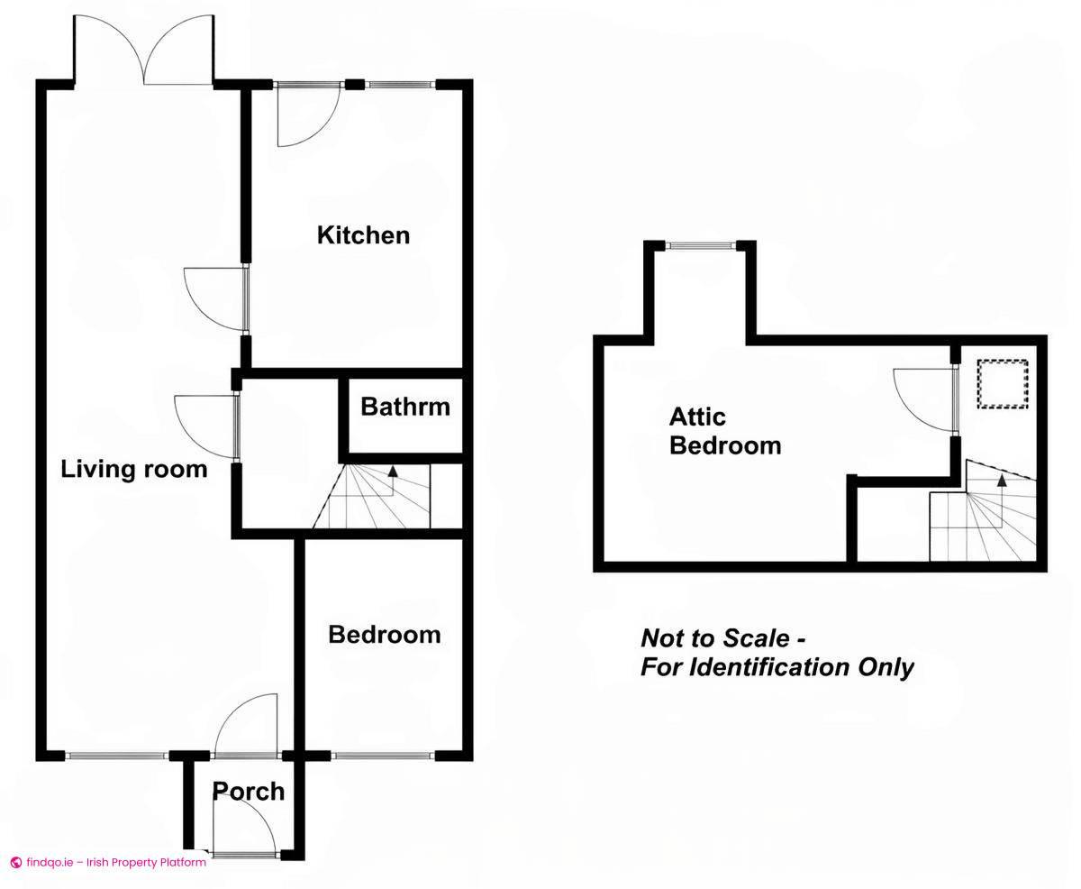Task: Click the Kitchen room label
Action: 363,235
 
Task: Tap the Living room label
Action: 133,469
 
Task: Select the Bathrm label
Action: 404,407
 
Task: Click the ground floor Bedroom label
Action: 384,635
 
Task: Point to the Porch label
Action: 248,792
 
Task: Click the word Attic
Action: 697,417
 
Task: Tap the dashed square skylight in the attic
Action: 1003,384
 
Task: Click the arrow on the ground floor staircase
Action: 393,472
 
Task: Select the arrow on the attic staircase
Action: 1002,481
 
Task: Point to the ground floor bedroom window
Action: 383,756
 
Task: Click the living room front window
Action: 117,756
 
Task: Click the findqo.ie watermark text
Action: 108,862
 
